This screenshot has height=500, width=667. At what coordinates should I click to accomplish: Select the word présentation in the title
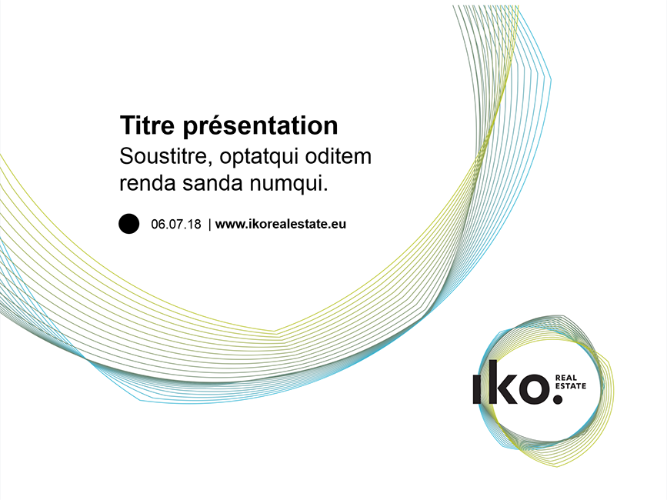click(261, 127)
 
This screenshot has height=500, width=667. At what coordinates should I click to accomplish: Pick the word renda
click(147, 183)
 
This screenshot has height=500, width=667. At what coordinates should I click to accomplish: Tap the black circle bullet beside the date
click(129, 224)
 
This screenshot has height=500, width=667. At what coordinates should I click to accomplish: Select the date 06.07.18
click(175, 224)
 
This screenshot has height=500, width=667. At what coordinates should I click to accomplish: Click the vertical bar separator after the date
click(210, 224)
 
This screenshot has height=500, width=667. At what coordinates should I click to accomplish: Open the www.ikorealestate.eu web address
click(281, 224)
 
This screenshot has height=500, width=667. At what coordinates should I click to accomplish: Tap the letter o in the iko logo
click(533, 388)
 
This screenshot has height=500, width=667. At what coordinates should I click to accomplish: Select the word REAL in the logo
click(566, 378)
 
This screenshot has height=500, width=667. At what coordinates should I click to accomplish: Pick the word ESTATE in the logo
click(571, 386)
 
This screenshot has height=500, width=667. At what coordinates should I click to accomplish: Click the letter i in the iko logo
click(478, 388)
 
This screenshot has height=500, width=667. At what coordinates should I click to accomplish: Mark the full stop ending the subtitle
click(325, 190)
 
